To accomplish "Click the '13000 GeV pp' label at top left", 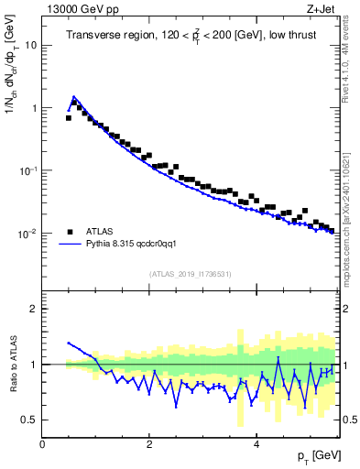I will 77,10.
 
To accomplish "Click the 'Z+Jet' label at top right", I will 321,10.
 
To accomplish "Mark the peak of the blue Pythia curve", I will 74,96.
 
